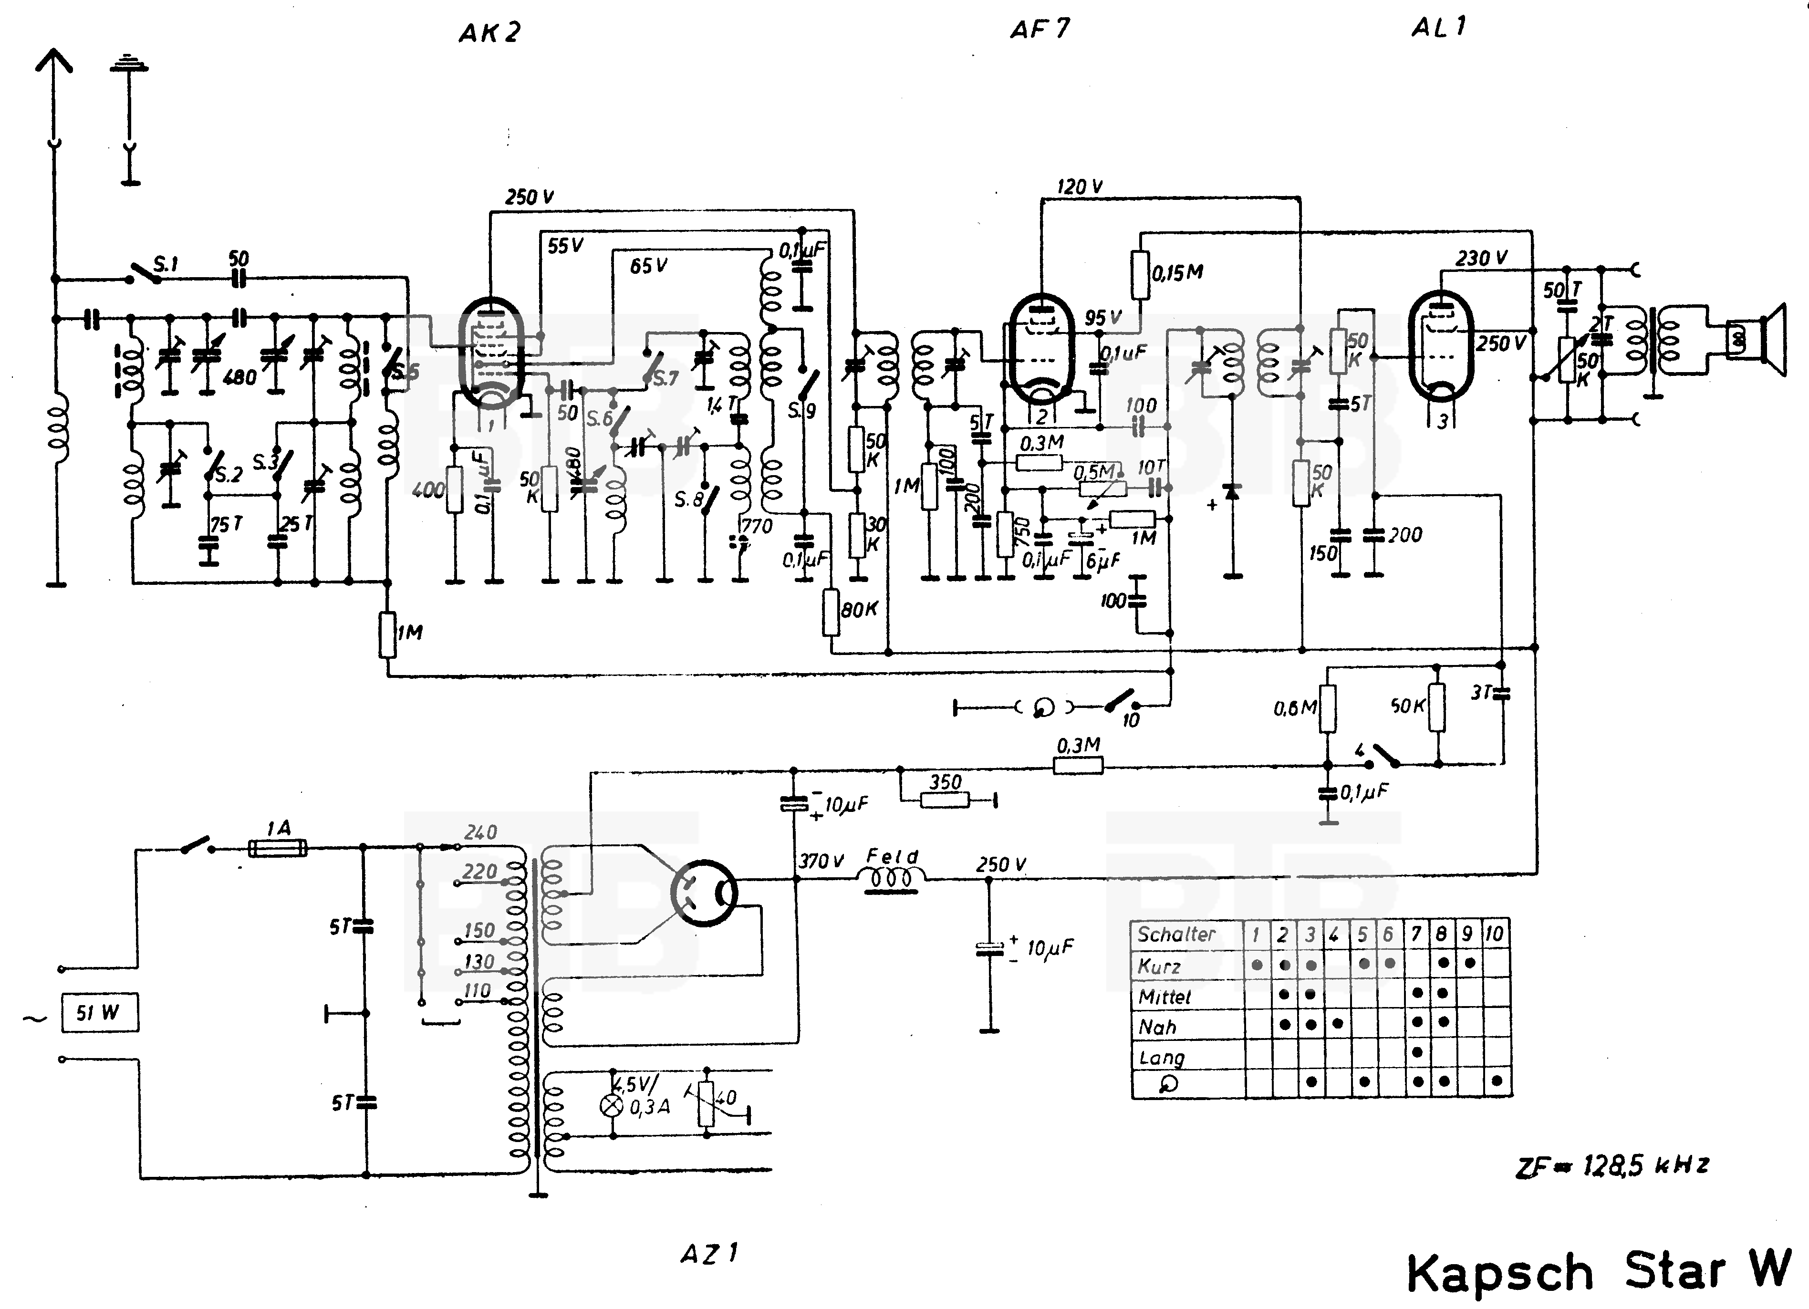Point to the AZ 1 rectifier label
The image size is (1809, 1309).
point(709,1254)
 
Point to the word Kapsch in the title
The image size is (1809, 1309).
point(1499,1272)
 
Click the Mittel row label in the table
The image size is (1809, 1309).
point(1164,997)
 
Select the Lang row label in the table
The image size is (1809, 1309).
point(1161,1058)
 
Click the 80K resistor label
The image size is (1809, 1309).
point(860,610)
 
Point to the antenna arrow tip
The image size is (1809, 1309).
point(54,51)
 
